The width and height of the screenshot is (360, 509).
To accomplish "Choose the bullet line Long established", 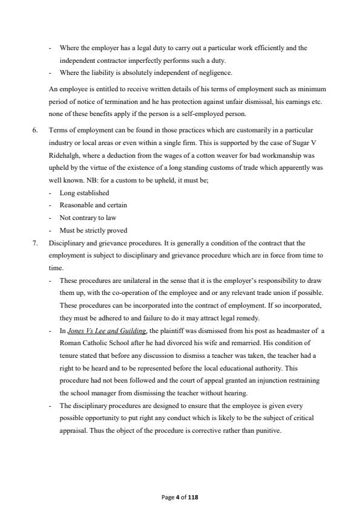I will (x=84, y=193).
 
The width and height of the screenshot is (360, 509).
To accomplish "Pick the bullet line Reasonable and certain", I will (x=93, y=205).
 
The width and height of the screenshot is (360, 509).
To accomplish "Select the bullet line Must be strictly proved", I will (x=93, y=230).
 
